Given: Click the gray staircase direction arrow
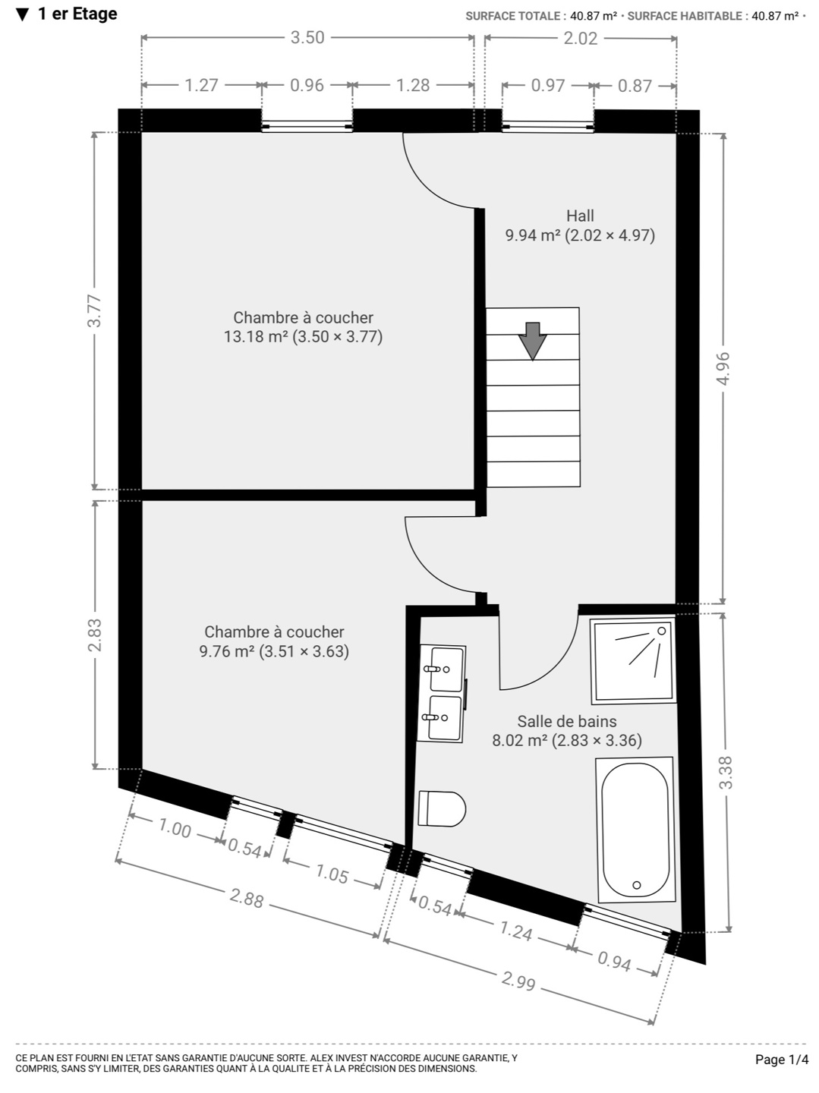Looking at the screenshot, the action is (x=532, y=341).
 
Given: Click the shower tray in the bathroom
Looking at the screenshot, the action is (x=633, y=660).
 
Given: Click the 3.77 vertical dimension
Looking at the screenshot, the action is (x=95, y=310).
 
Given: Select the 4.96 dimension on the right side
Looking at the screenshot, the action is (x=723, y=368).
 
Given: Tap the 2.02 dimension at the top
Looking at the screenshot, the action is (x=581, y=39).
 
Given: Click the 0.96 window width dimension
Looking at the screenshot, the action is (x=307, y=85).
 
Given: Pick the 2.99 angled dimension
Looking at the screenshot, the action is (x=518, y=981).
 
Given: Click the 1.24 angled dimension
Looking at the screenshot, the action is (x=516, y=931).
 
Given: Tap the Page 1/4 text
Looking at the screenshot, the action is (x=782, y=1060).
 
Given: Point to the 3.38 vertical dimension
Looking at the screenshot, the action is (x=726, y=773).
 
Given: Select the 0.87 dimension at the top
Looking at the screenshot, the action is (x=635, y=86).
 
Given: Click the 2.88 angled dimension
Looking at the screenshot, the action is (x=247, y=898).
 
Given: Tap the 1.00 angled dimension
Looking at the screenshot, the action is (x=175, y=828).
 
